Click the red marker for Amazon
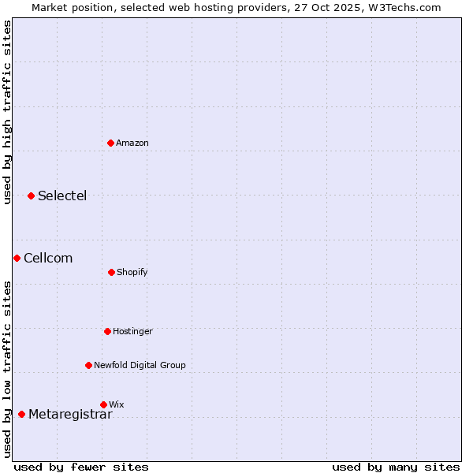[110, 143]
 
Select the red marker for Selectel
[31, 196]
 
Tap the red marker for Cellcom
[17, 258]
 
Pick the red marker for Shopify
[111, 272]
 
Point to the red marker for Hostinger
[107, 331]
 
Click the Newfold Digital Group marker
[88, 365]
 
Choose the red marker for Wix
[103, 404]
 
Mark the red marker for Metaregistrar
[21, 414]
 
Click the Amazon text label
[132, 143]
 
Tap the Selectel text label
[62, 196]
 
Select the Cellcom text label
[48, 258]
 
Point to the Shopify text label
[132, 272]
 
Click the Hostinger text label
[132, 331]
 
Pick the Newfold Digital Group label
[140, 365]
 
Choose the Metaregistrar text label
[70, 415]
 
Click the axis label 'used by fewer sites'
[81, 467]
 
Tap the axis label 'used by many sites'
[396, 467]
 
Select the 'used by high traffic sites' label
[7, 112]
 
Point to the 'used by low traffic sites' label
[7, 369]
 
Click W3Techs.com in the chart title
[402, 7]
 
